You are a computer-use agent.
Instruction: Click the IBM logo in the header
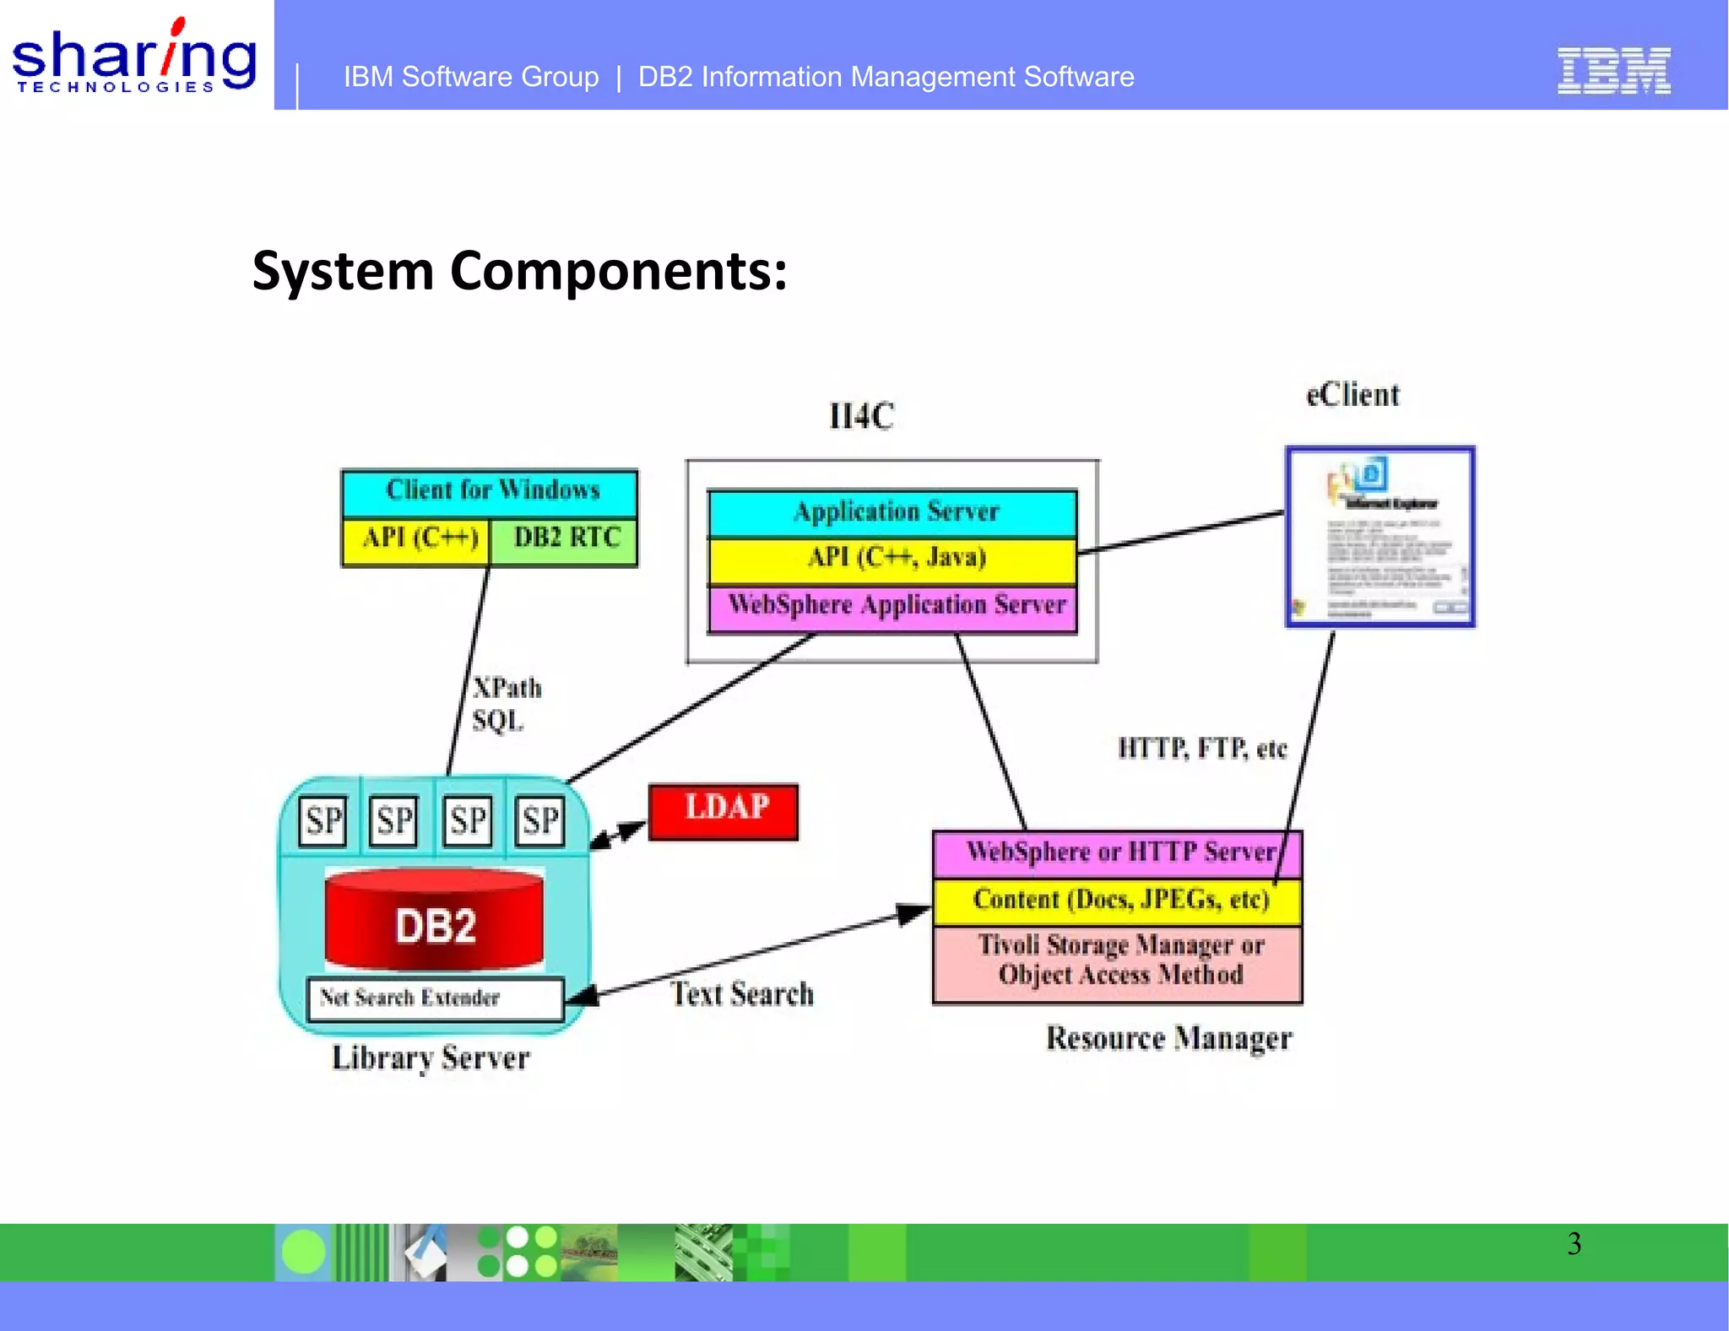click(x=1613, y=71)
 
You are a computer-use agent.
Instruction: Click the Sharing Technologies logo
click(x=134, y=57)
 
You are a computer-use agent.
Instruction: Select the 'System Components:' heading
click(x=519, y=271)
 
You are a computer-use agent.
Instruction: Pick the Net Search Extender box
click(x=435, y=998)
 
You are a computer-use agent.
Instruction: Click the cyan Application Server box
click(x=893, y=512)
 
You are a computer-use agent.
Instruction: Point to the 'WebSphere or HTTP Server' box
click(x=1116, y=853)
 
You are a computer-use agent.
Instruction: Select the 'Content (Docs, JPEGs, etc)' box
click(x=1116, y=901)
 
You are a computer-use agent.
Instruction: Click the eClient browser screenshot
click(x=1379, y=538)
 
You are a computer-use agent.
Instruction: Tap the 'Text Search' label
click(x=742, y=994)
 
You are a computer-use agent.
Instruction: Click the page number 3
click(x=1574, y=1244)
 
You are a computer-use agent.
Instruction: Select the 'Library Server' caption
click(x=431, y=1058)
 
